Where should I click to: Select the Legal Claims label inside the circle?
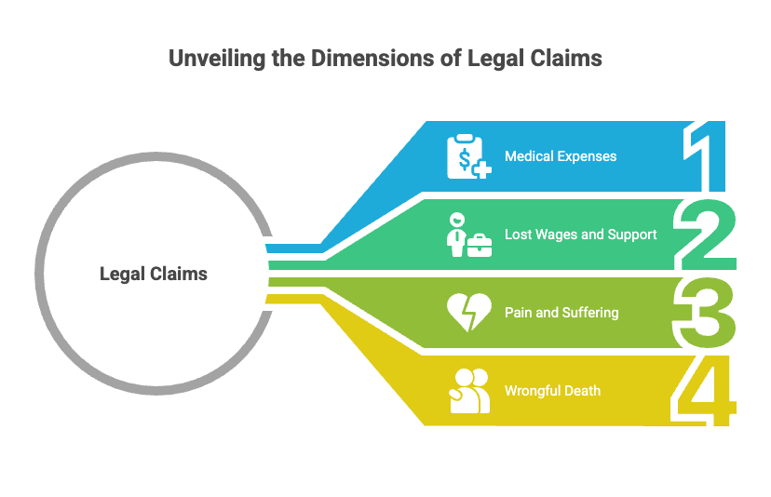pyautogui.click(x=154, y=274)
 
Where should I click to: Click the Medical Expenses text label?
pyautogui.click(x=561, y=156)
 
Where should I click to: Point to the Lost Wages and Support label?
pyautogui.click(x=580, y=235)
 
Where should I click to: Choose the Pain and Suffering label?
pyautogui.click(x=561, y=313)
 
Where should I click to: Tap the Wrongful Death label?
pyautogui.click(x=552, y=391)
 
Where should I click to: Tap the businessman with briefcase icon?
pyautogui.click(x=467, y=235)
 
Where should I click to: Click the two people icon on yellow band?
pyautogui.click(x=468, y=391)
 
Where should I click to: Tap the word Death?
pyautogui.click(x=582, y=391)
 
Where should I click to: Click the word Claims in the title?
pyautogui.click(x=561, y=58)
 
